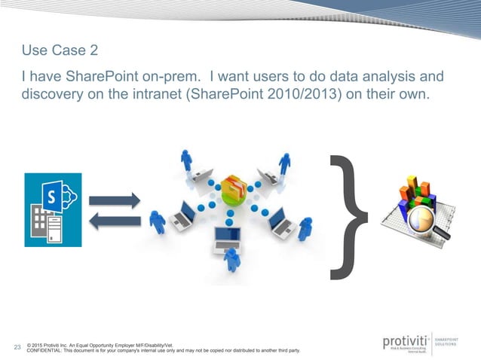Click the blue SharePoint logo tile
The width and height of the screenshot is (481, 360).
(x=53, y=210)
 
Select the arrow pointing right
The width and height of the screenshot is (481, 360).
(x=115, y=200)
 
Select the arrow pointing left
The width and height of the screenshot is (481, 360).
(x=115, y=220)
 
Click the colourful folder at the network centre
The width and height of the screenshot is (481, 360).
(x=233, y=191)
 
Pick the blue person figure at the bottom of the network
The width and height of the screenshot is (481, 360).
(x=233, y=259)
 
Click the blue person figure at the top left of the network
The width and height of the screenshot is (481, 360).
(x=186, y=160)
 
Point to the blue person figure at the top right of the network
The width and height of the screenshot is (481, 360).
(x=285, y=163)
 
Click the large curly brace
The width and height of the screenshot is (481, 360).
(x=349, y=214)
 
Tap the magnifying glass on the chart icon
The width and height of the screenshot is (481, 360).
(x=428, y=221)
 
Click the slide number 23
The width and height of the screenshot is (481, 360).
(x=17, y=348)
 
